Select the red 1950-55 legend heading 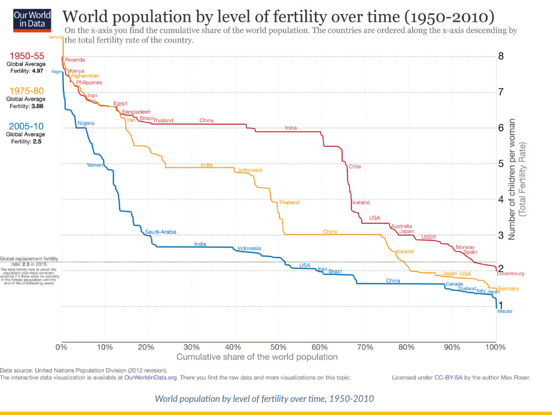(x=27, y=55)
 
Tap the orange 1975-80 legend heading (x=27, y=90)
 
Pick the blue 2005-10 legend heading (x=27, y=126)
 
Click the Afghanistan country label (x=85, y=76)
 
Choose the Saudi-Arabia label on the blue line (x=160, y=232)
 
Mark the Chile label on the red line (x=354, y=166)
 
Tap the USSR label (x=428, y=237)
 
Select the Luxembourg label (x=510, y=274)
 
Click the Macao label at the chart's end (x=505, y=311)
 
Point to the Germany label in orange (x=509, y=289)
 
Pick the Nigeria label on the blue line (x=86, y=123)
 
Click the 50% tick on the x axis (x=278, y=346)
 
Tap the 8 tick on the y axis (x=501, y=56)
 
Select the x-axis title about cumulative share (x=257, y=357)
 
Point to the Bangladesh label (x=136, y=112)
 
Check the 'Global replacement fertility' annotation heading (x=29, y=259)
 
